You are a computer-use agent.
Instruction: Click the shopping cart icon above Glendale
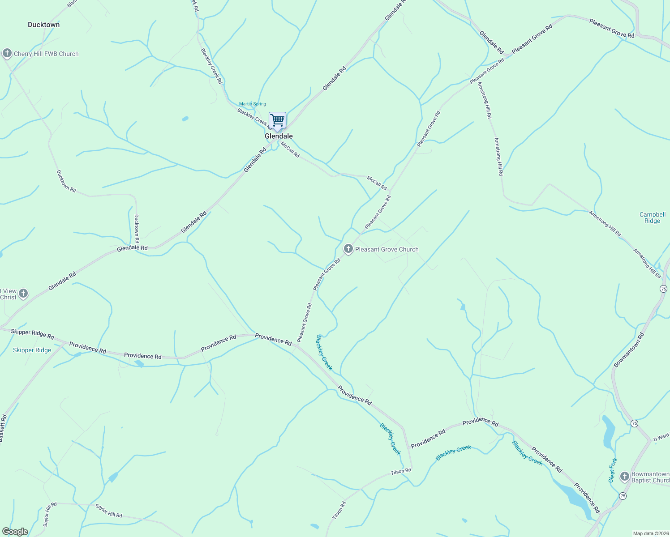click(277, 120)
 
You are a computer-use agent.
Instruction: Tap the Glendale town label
click(279, 136)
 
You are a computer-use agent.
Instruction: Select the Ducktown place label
click(43, 25)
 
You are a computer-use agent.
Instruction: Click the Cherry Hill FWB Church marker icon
click(7, 54)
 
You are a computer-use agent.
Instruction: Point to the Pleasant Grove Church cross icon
click(348, 249)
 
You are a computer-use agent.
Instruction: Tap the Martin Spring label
click(253, 104)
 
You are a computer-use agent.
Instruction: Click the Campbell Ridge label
click(652, 217)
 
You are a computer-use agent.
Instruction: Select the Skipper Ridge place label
click(32, 350)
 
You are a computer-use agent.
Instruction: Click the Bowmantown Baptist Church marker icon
click(624, 477)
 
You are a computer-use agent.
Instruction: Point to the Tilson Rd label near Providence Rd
click(400, 471)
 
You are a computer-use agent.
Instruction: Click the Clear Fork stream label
click(613, 470)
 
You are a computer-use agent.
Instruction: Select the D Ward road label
click(661, 437)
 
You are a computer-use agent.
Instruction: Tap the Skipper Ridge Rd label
click(32, 334)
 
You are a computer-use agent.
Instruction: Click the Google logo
click(15, 531)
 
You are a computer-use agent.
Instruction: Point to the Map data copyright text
click(650, 533)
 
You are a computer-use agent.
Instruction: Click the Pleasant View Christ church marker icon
click(23, 294)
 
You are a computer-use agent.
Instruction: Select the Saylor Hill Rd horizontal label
click(108, 511)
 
